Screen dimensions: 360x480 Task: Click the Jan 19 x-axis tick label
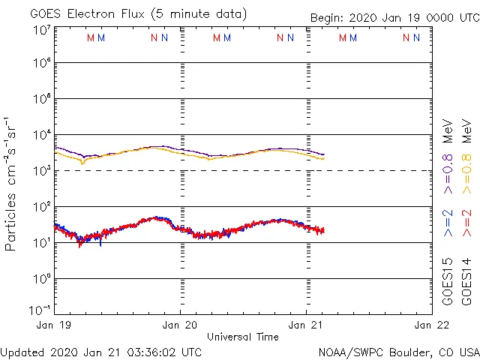point(55,325)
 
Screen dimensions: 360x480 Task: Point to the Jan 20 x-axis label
point(180,325)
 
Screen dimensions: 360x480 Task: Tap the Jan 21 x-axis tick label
point(306,325)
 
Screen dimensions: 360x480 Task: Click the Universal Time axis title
point(242,337)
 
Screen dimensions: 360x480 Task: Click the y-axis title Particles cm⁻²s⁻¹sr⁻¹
point(11,183)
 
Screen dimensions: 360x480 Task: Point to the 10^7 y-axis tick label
point(41,31)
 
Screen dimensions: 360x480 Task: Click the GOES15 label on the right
point(448,281)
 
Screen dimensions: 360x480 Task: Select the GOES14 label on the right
point(466,281)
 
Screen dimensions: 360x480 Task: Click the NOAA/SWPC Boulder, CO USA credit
point(398,352)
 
